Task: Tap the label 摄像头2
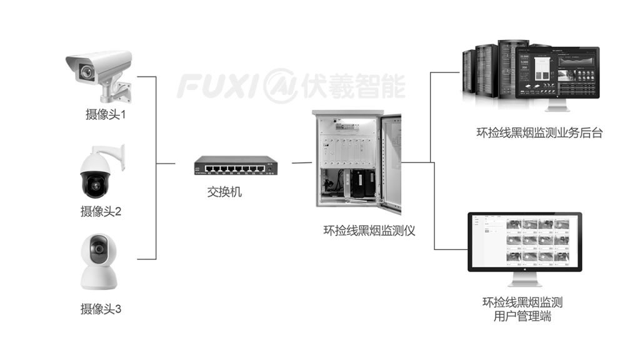(x=101, y=211)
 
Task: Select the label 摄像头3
(x=101, y=309)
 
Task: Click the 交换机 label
(x=224, y=192)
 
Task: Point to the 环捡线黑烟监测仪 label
(x=369, y=231)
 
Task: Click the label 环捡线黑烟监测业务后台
(x=539, y=132)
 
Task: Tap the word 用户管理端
(x=522, y=317)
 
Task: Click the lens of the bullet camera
(x=86, y=72)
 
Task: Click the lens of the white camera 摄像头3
(x=97, y=249)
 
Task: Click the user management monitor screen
(x=525, y=241)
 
